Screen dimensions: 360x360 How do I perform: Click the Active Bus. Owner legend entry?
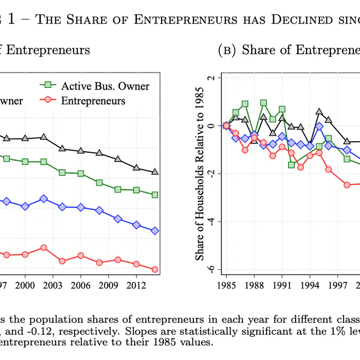[x=105, y=86]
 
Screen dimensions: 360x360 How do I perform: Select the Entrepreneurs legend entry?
[x=93, y=101]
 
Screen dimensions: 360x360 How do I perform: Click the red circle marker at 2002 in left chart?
[x=43, y=248]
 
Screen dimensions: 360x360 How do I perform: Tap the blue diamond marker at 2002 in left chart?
[x=43, y=198]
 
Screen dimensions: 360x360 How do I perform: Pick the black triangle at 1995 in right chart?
[x=319, y=112]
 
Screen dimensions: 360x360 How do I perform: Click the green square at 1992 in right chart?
[x=291, y=164]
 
